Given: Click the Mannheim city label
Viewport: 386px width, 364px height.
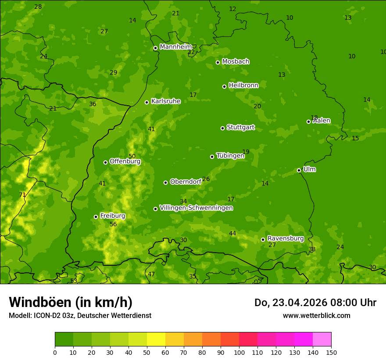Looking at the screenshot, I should coord(175,47).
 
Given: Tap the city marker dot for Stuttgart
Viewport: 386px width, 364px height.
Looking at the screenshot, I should coord(222,128).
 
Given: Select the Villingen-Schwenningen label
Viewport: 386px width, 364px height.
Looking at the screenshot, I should coord(196,208).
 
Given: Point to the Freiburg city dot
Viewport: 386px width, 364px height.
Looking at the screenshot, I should coord(96,217).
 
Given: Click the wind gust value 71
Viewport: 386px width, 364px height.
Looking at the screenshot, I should coord(22,195).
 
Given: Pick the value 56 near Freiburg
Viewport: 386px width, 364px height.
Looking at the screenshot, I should coord(113,224).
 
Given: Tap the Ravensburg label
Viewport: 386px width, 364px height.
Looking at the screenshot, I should coord(286,239).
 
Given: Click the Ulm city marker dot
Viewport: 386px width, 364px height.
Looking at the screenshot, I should coord(299,170).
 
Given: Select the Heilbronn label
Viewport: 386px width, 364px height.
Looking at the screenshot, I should coord(243,86).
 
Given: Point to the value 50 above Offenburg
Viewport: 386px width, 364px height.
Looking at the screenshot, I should coord(132,156).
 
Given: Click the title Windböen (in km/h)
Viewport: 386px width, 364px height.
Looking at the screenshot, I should coord(71,302).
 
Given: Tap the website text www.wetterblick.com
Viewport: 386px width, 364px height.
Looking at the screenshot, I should coord(316,315).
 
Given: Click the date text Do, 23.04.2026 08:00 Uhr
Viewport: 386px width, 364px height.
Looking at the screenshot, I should coord(315,303).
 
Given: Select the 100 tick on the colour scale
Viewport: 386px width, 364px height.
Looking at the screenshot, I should coord(239,352).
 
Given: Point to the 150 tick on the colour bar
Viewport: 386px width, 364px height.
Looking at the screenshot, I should coord(331,352).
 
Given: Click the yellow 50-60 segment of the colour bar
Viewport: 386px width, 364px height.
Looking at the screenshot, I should coord(156,339).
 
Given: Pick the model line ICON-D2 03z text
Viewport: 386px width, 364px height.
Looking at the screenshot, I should coord(80,315).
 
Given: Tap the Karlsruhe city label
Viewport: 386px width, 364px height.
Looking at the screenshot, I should coord(166,101).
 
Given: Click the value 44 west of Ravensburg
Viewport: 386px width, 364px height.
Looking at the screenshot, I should coord(232,233).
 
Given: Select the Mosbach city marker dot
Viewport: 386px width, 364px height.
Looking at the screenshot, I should coord(218,62).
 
